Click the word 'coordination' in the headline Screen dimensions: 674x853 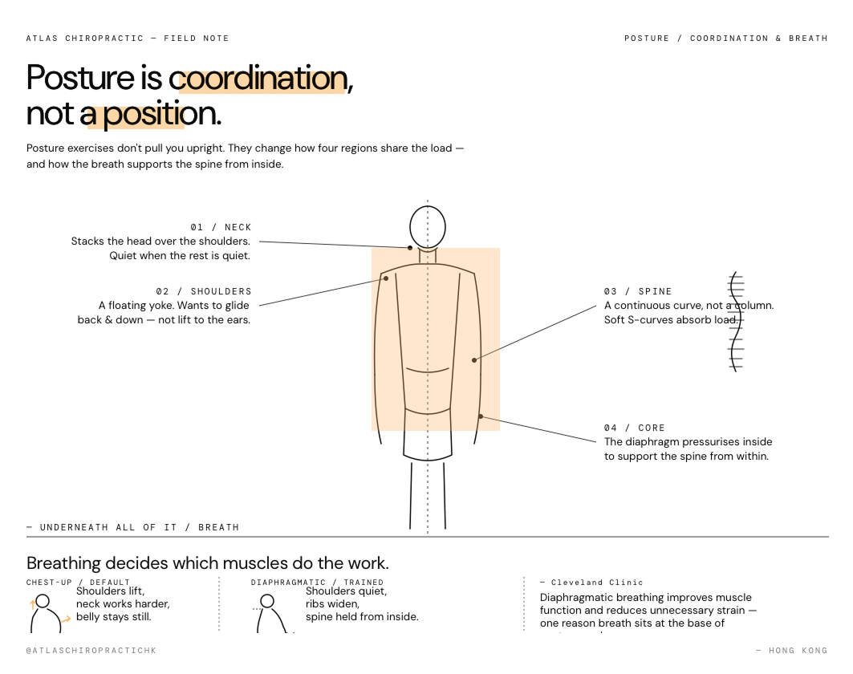click(257, 79)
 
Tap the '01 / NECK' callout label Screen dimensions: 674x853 click(221, 227)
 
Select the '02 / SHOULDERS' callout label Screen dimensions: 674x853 click(204, 291)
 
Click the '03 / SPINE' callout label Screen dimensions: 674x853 click(638, 291)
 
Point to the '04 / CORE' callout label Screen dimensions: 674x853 click(634, 428)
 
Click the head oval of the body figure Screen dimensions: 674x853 click(428, 227)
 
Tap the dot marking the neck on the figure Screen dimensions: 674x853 click(409, 248)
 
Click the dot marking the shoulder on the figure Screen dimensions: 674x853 click(386, 278)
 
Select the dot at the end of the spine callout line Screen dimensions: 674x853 click(474, 360)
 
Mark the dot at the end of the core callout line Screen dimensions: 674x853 click(481, 416)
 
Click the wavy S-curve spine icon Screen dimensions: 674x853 click(735, 321)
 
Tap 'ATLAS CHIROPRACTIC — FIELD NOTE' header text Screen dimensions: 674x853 click(127, 39)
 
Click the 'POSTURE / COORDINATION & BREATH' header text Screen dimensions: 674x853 click(725, 39)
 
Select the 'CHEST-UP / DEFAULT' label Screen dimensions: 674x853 click(78, 583)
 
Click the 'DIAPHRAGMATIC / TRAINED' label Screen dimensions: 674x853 click(317, 583)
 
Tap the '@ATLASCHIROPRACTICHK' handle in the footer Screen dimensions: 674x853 click(91, 650)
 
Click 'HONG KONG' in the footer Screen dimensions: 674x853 click(798, 650)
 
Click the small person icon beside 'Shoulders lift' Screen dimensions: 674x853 click(44, 613)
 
